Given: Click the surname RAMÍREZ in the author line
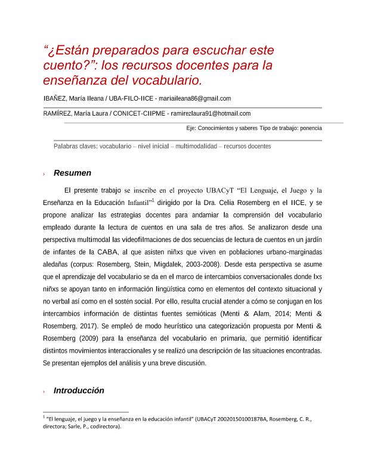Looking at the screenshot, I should (59, 113).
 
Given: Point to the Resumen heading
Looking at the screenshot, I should (72, 173).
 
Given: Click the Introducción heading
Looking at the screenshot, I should (79, 390).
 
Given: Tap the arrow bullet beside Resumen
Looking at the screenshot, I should (45, 174).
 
